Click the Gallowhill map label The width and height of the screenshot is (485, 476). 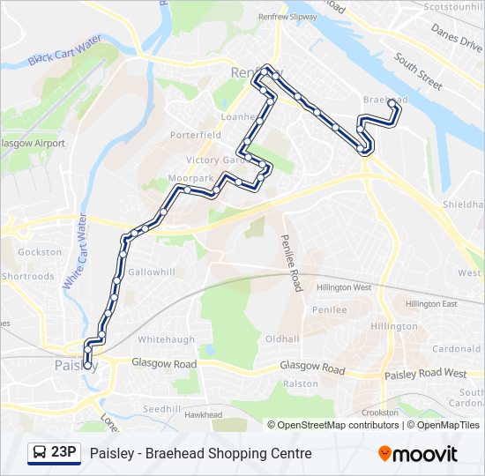(151, 272)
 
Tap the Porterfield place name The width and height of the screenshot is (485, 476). (196, 136)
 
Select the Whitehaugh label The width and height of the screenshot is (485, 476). (166, 339)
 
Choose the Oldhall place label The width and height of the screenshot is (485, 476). (282, 338)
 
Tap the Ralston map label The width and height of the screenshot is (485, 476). (300, 384)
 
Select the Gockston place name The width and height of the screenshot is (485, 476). (40, 252)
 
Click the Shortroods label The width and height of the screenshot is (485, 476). (27, 276)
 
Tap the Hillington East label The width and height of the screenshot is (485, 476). (431, 304)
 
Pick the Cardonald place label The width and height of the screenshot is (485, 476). (456, 348)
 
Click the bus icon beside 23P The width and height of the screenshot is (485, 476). (40, 453)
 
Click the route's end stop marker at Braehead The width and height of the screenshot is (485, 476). (392, 103)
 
